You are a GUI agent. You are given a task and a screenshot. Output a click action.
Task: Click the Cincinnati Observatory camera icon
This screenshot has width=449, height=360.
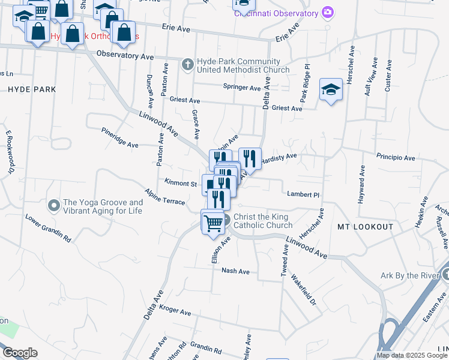[327, 12]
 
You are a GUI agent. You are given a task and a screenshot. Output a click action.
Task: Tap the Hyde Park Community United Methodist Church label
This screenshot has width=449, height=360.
[243, 65]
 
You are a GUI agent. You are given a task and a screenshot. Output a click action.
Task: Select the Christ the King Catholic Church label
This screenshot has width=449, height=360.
[263, 221]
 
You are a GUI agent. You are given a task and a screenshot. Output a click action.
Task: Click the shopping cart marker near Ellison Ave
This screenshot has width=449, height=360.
[213, 223]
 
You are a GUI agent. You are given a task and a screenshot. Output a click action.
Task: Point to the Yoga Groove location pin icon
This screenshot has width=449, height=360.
[53, 206]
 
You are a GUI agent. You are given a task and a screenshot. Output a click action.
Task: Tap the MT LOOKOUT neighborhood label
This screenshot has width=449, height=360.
[365, 227]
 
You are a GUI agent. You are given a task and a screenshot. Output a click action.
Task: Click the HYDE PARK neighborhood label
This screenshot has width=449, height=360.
[32, 89]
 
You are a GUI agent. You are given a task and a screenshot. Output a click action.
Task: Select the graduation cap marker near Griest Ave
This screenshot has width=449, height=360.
[330, 90]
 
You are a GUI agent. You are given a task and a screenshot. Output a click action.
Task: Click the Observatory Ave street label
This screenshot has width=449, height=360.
[125, 55]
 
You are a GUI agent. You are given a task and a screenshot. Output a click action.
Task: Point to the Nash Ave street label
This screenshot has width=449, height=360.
[235, 271]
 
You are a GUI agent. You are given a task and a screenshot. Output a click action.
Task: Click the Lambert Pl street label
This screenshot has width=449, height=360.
[303, 194]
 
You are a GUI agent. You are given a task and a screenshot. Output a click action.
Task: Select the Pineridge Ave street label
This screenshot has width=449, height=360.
[119, 137]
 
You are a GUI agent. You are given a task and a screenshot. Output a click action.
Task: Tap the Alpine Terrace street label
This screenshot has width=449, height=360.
[165, 198]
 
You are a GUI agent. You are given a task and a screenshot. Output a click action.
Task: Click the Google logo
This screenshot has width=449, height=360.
[20, 353]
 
